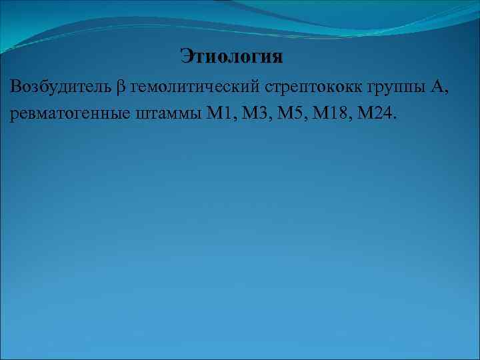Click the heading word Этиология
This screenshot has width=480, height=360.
231,56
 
